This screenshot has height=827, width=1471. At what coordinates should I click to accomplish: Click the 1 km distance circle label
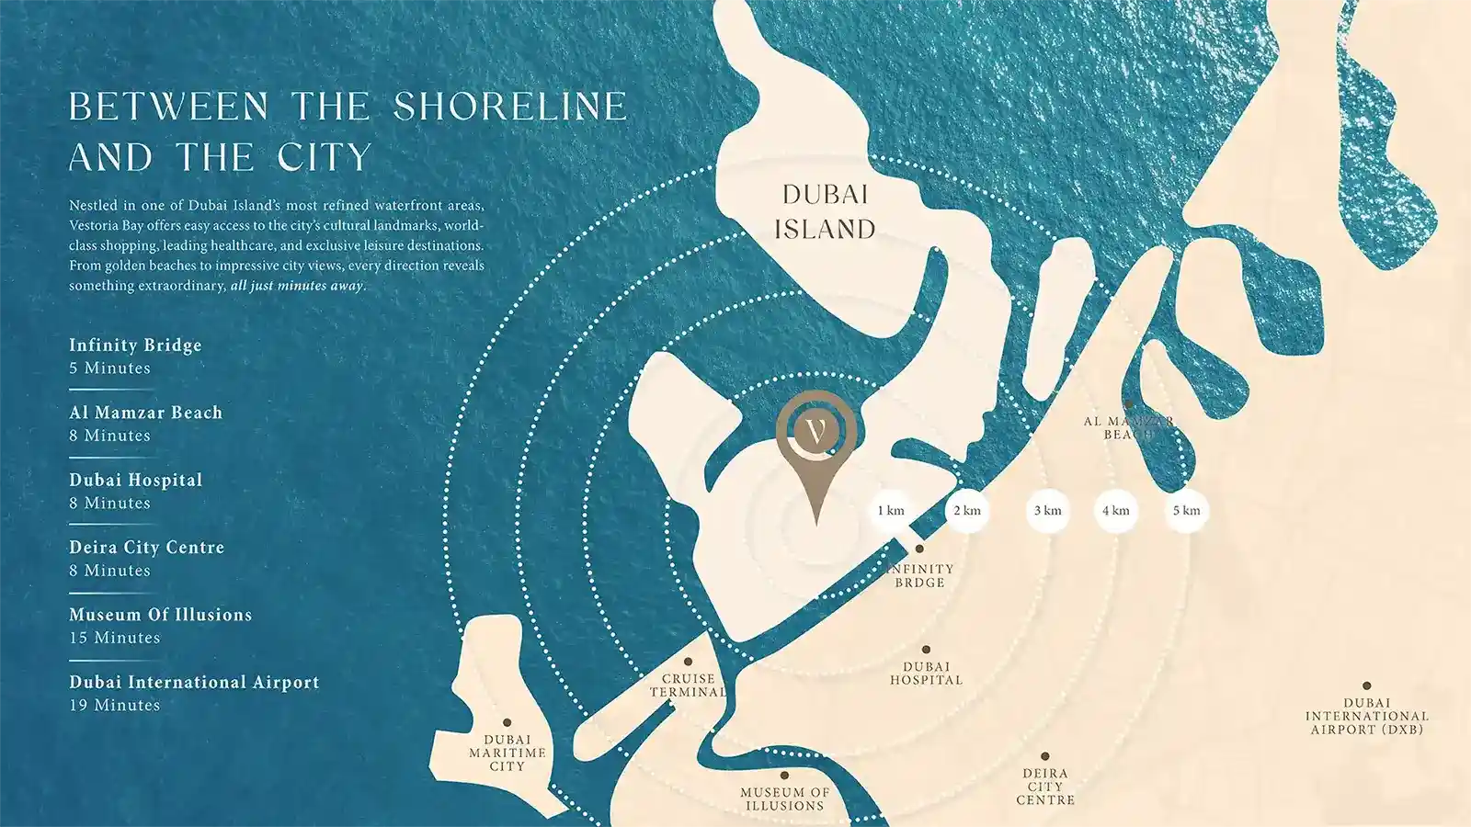(x=890, y=511)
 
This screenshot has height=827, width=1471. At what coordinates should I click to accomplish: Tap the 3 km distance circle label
(x=1047, y=511)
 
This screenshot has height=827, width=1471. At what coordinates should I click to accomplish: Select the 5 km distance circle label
(x=1186, y=511)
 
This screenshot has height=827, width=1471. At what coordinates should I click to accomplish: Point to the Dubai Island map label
(x=825, y=212)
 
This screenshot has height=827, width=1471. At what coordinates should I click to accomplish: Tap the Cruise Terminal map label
(x=688, y=685)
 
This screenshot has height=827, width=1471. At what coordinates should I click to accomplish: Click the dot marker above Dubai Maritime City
(x=507, y=723)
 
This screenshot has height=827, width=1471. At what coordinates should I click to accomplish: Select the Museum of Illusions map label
(x=784, y=799)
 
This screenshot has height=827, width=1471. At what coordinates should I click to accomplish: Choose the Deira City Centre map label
(x=1045, y=787)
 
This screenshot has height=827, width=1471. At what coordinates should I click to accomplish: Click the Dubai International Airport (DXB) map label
(x=1366, y=716)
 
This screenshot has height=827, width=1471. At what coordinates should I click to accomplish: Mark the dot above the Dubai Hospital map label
(x=926, y=650)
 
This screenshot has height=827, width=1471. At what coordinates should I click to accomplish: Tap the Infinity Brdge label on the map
(x=919, y=575)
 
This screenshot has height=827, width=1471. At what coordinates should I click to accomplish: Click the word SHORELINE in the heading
(x=510, y=108)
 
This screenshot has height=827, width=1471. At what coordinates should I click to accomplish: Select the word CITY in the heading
(x=325, y=158)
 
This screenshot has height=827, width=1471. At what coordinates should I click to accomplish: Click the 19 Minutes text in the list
(x=115, y=706)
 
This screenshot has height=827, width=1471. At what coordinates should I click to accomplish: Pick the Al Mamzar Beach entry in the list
(x=145, y=413)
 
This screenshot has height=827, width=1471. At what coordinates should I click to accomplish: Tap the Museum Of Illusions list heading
(x=160, y=615)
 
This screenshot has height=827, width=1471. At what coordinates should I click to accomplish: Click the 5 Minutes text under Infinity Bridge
(x=109, y=368)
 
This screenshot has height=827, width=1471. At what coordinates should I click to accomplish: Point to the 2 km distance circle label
(x=966, y=511)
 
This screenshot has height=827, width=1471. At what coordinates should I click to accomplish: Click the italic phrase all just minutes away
(x=297, y=286)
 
